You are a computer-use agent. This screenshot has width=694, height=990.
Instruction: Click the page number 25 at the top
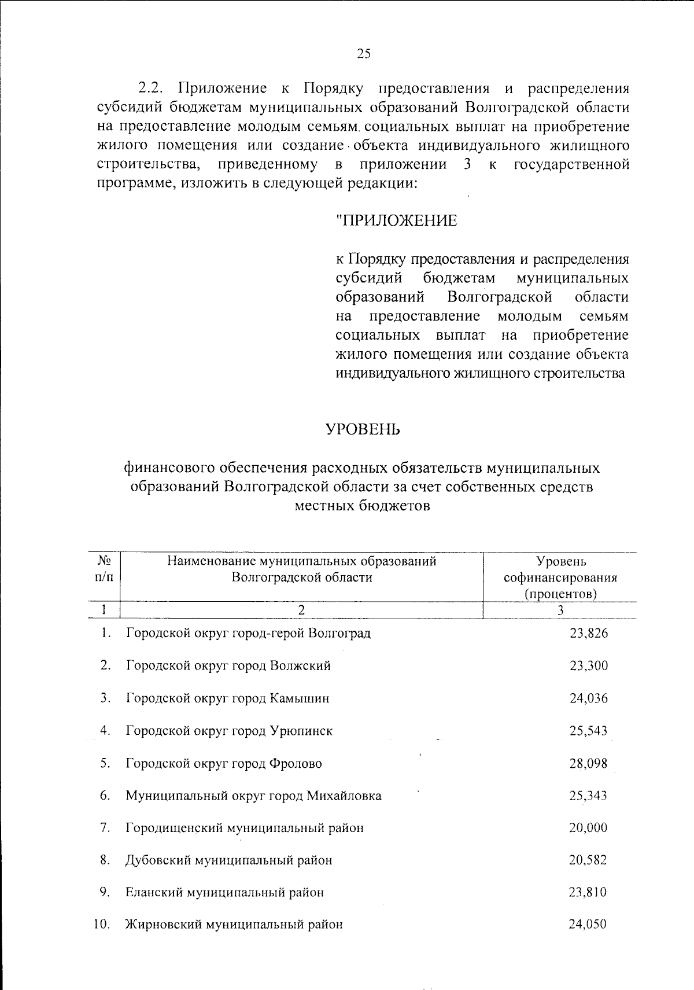point(363,54)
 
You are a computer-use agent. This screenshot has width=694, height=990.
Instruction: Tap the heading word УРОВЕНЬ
point(363,429)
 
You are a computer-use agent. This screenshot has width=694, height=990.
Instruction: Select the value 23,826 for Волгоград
point(588,633)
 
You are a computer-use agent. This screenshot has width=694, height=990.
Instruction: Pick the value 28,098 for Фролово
point(588,763)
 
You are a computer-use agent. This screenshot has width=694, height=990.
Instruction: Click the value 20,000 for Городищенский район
point(588,828)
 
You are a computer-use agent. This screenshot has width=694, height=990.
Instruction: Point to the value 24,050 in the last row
point(588,924)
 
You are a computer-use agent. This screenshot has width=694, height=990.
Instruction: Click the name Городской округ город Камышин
point(228,698)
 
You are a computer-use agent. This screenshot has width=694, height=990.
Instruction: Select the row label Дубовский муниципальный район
point(229,860)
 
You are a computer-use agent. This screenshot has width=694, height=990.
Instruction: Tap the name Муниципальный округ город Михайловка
point(254,796)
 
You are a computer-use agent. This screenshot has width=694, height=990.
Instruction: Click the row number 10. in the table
point(102,924)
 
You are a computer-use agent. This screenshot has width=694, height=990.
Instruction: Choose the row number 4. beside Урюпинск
point(105,730)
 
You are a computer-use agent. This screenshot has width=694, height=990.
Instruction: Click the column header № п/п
point(104,569)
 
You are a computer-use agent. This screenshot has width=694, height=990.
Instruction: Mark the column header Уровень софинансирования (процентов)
point(560,577)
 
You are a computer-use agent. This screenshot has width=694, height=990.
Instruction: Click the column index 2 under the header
point(301,610)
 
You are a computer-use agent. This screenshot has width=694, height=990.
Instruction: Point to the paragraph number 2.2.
point(152,89)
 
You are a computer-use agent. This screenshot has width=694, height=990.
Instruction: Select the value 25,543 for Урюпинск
point(588,731)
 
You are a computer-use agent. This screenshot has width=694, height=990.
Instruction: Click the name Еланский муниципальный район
point(225,892)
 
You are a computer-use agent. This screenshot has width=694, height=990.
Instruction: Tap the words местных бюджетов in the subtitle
point(363,506)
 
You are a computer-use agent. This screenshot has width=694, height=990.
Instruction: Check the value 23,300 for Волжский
point(588,665)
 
